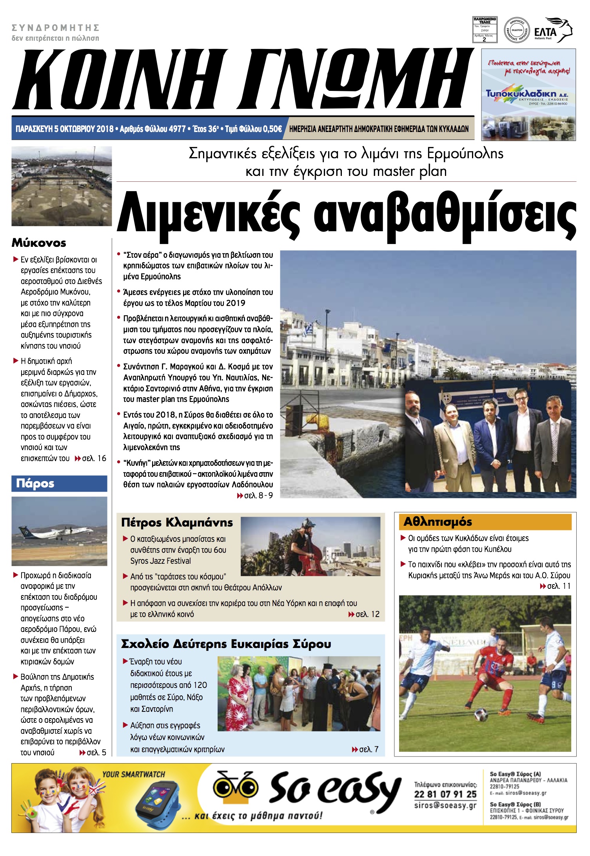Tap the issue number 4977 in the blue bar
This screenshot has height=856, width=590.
(x=177, y=129)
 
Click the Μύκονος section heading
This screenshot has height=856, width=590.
(x=39, y=243)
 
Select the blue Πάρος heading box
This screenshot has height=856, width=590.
(x=59, y=483)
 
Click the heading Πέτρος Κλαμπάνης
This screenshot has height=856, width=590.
(x=177, y=523)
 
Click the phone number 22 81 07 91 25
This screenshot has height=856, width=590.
(x=445, y=794)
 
